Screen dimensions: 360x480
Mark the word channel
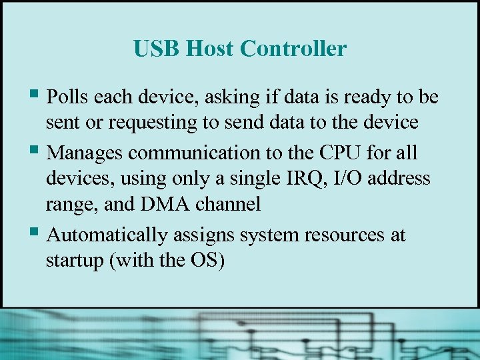[x=227, y=204]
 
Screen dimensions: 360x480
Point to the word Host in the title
[x=210, y=49]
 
